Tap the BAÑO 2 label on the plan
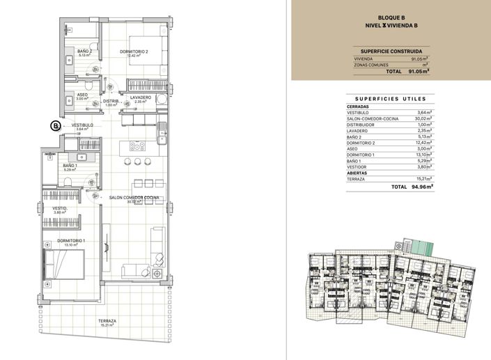pos(85,51)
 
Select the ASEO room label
pos(82,95)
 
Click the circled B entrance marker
pos(55,126)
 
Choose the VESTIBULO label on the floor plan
pos(82,125)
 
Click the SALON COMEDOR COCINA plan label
pos(134,198)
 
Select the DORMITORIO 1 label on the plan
pos(70,241)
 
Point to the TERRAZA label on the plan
pos(107,321)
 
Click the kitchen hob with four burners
pos(137,146)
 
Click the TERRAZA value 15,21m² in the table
pos(423,179)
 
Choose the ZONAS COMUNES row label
pos(372,65)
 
